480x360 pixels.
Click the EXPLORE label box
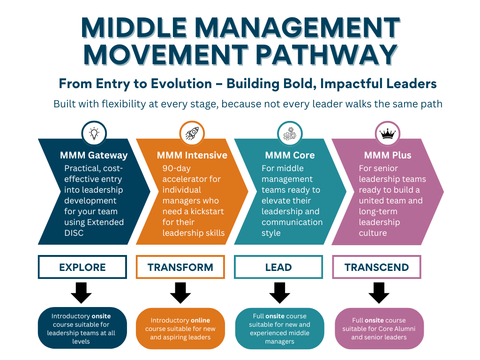[82, 267]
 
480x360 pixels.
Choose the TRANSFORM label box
[180, 267]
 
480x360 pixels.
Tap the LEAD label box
[278, 267]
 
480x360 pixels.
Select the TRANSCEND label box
[376, 267]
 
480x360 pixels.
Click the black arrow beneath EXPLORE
[82, 293]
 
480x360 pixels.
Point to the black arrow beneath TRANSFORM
[180, 293]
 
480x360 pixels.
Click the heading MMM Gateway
[94, 155]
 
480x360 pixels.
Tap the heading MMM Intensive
[192, 155]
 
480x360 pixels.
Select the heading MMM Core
[290, 155]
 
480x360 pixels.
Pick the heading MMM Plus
[388, 155]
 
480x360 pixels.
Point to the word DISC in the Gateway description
[74, 232]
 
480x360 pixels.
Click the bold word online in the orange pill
[200, 320]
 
